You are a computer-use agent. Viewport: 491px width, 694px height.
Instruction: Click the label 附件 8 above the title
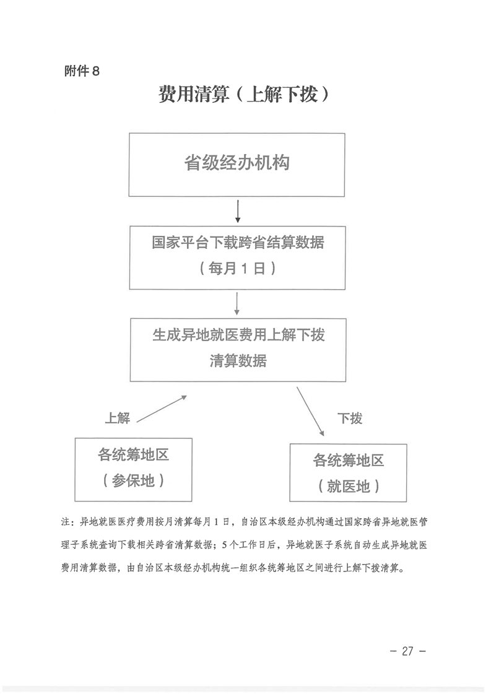click(x=82, y=71)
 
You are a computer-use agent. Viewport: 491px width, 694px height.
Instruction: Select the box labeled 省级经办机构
click(x=237, y=164)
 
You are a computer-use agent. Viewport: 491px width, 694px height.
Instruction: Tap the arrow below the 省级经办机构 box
click(x=238, y=211)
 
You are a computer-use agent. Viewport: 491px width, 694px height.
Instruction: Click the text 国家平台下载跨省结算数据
click(x=238, y=243)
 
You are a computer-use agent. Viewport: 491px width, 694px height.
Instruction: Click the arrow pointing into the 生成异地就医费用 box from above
click(x=238, y=304)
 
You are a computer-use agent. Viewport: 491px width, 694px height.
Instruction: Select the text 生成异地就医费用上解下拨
click(x=238, y=335)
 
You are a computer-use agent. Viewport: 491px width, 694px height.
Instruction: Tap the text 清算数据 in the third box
click(x=238, y=361)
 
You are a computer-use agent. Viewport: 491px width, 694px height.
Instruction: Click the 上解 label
click(x=117, y=418)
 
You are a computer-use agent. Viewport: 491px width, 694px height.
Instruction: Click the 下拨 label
click(x=349, y=418)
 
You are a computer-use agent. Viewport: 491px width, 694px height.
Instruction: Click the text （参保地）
click(x=134, y=480)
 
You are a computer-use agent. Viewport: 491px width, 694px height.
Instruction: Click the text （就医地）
click(x=349, y=486)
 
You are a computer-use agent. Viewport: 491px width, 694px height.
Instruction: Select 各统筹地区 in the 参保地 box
click(x=134, y=455)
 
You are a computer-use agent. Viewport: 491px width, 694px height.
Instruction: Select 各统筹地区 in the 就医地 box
click(x=349, y=461)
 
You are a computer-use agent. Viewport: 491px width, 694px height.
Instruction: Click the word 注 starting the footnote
click(x=65, y=521)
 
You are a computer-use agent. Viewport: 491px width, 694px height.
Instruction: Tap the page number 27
click(x=407, y=651)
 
